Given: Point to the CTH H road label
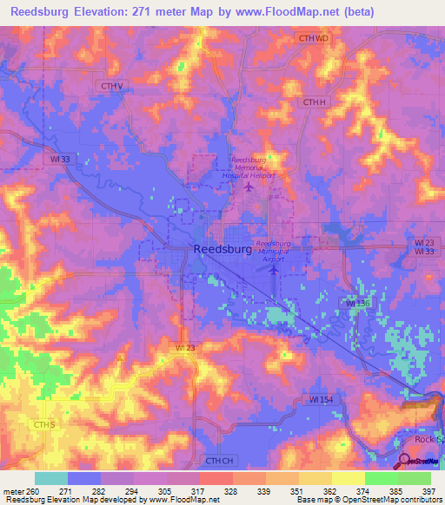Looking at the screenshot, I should click(314, 102).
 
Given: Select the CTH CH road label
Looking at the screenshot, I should click(220, 461).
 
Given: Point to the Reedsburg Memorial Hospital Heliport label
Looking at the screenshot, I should click(252, 167).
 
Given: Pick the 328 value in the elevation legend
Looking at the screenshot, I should click(226, 491).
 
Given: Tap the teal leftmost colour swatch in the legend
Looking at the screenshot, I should click(50, 478).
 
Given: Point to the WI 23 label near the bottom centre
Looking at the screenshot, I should click(186, 348).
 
